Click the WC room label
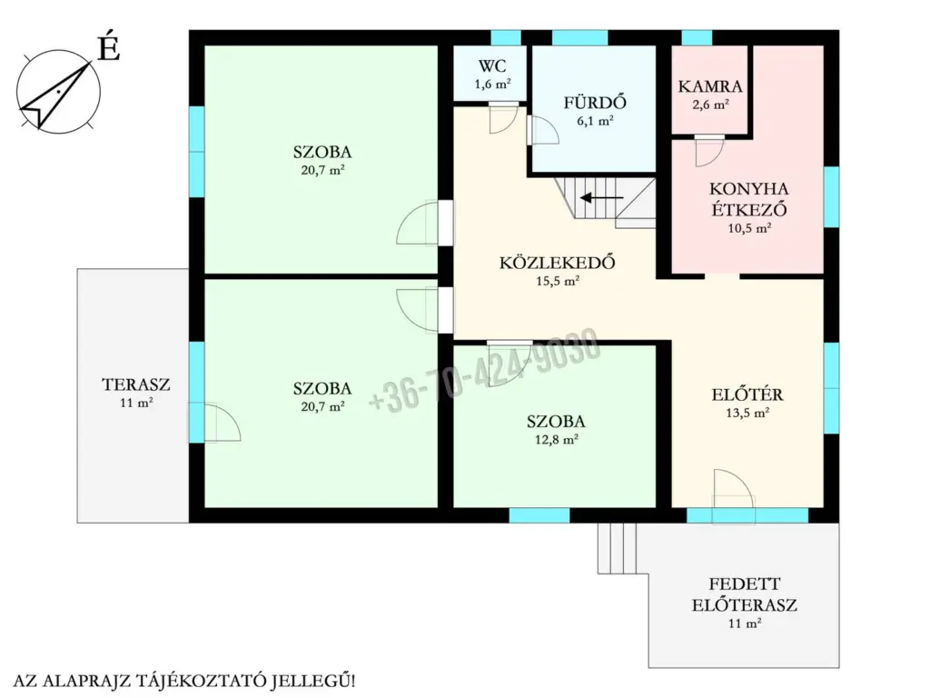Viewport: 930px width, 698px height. click(492, 65)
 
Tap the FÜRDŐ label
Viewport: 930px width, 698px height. click(595, 103)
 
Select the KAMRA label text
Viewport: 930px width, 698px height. click(710, 86)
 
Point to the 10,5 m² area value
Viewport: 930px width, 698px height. click(749, 228)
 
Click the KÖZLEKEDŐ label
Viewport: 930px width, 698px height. click(557, 263)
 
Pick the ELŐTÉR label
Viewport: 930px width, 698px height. click(747, 394)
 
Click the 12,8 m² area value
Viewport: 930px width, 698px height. click(557, 440)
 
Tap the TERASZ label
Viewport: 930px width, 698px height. click(136, 384)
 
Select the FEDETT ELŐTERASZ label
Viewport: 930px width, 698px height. click(745, 594)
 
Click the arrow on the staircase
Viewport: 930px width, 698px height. click(601, 197)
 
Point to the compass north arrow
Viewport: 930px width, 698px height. click(59, 95)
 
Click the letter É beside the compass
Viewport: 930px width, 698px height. click(109, 47)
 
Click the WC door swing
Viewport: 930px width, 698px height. click(503, 118)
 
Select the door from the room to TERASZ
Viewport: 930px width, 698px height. click(214, 422)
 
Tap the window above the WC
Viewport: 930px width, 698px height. click(506, 37)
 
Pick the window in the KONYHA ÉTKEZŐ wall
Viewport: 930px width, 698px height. click(832, 197)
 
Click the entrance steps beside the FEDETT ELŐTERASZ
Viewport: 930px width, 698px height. click(617, 548)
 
